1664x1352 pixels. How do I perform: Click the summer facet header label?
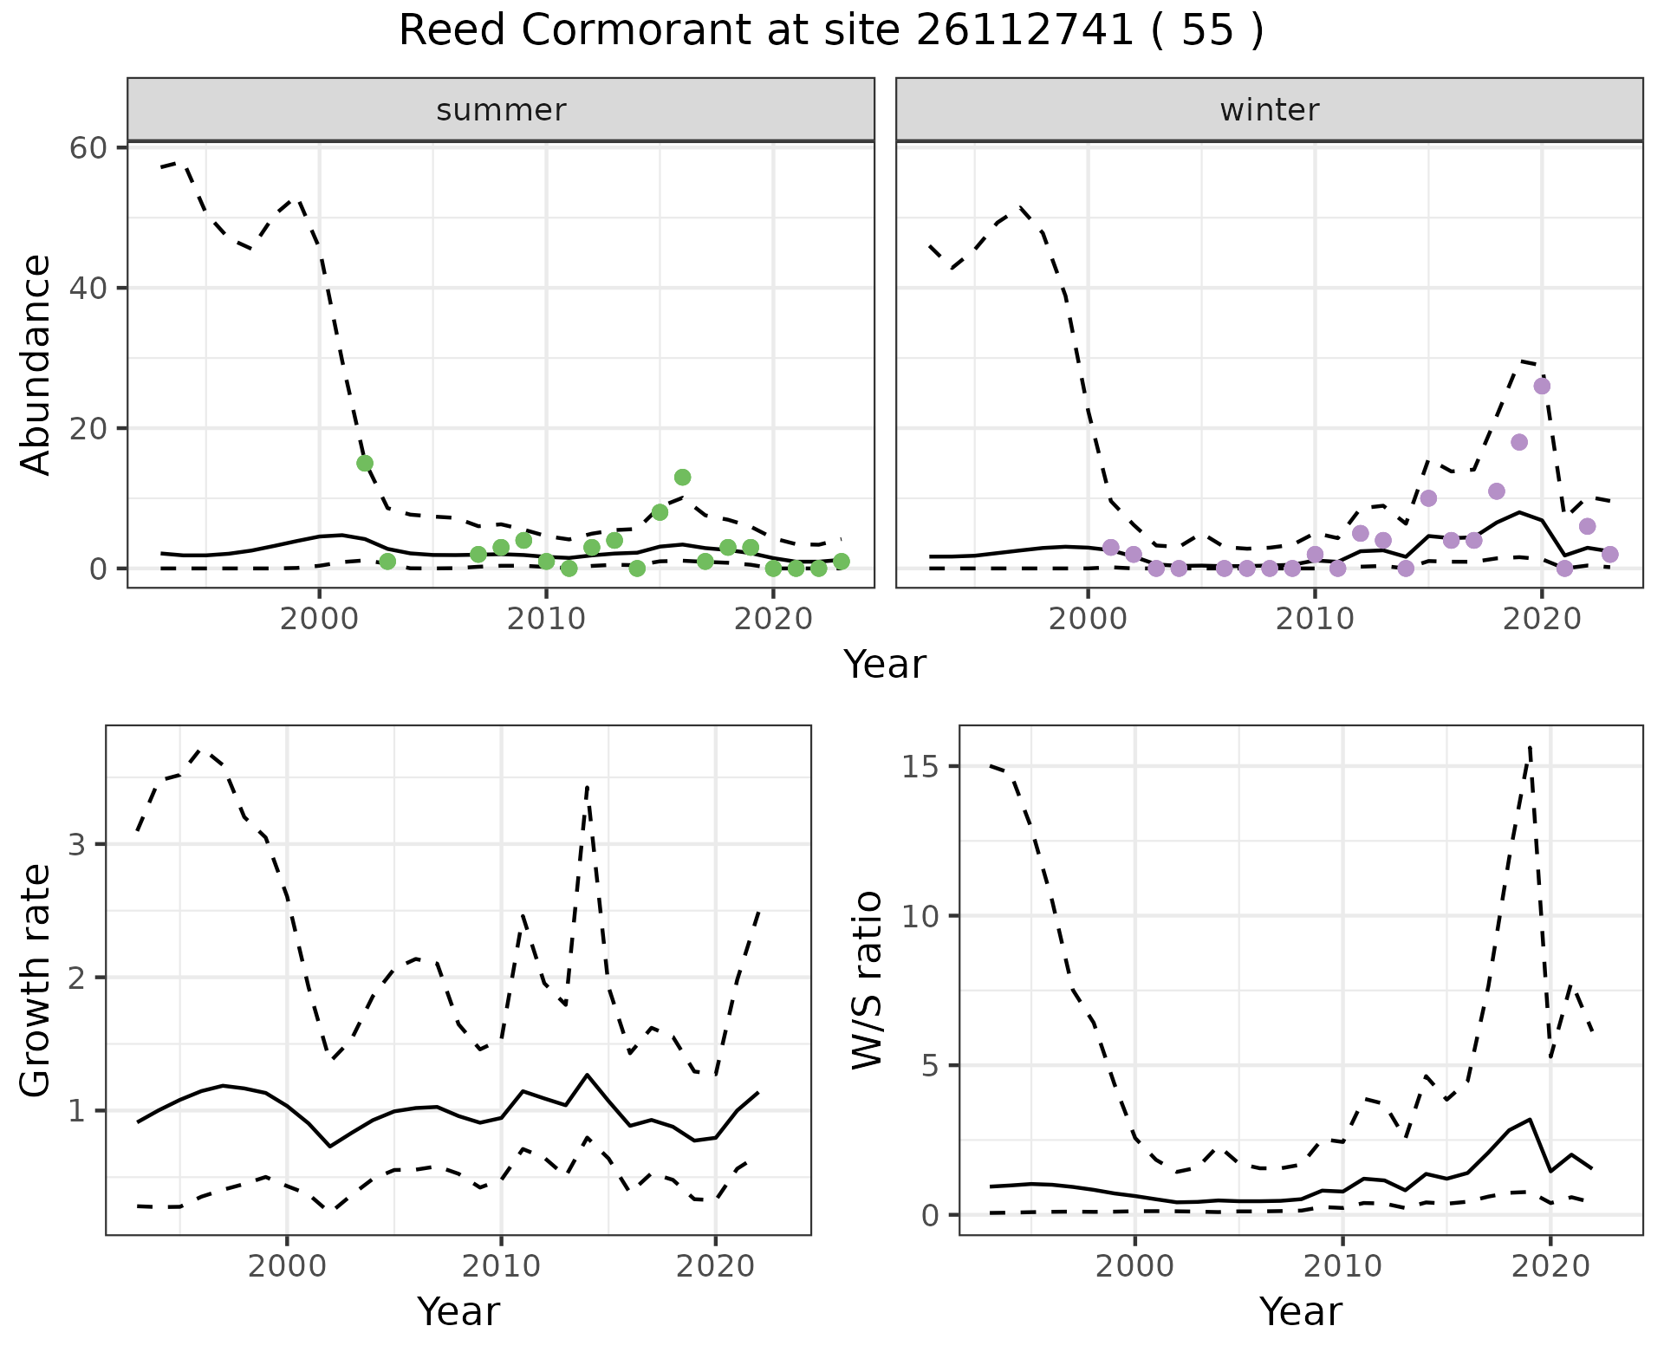coord(501,110)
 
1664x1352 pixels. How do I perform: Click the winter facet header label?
coord(1269,110)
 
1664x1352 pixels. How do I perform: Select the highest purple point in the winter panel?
coord(1542,386)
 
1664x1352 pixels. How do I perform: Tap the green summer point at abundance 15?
coord(365,463)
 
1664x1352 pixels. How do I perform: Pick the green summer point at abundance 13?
coord(682,478)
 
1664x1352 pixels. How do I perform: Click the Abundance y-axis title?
coord(36,364)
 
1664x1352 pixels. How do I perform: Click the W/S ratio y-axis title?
coord(867,979)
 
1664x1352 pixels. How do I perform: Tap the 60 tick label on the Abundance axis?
coord(89,148)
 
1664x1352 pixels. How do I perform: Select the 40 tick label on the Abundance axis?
coord(89,288)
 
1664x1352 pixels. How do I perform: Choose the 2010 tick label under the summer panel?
coord(546,621)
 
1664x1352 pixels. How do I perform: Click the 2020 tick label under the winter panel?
coord(1542,621)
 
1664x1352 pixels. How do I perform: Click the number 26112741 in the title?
coord(1024,31)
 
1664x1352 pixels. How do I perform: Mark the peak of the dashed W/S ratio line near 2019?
coord(1531,746)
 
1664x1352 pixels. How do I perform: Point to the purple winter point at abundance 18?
coord(1519,442)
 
